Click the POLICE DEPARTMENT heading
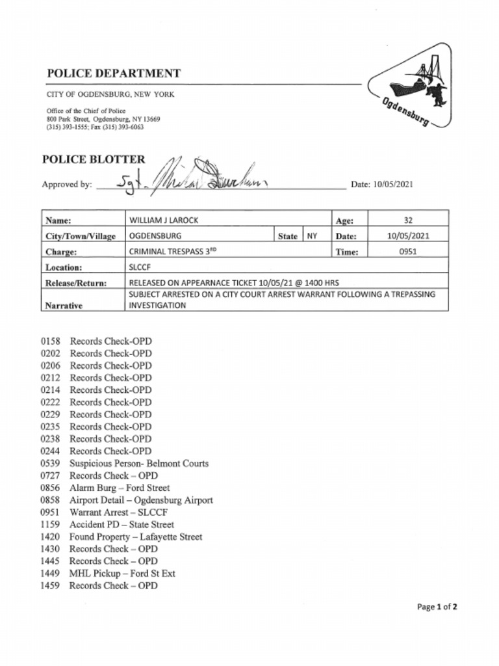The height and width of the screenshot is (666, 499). (114, 73)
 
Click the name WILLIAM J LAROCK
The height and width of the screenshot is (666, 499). (164, 220)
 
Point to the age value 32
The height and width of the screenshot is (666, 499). (407, 220)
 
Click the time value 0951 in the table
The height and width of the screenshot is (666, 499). (407, 252)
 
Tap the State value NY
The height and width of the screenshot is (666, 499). (312, 236)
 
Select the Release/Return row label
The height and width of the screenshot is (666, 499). (76, 283)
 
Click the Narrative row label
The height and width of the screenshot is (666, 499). (64, 306)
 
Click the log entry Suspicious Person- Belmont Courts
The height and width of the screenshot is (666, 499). (139, 464)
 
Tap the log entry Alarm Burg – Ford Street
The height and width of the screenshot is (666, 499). (120, 488)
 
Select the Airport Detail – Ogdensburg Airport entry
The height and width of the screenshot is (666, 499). (141, 500)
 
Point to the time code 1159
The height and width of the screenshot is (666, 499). (50, 524)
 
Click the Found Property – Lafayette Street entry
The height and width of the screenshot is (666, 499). (136, 537)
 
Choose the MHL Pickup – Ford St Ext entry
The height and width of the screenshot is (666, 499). (122, 574)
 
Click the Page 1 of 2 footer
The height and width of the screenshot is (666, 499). (437, 607)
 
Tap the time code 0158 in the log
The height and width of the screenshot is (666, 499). (50, 341)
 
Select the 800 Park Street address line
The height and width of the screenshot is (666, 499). (103, 120)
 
